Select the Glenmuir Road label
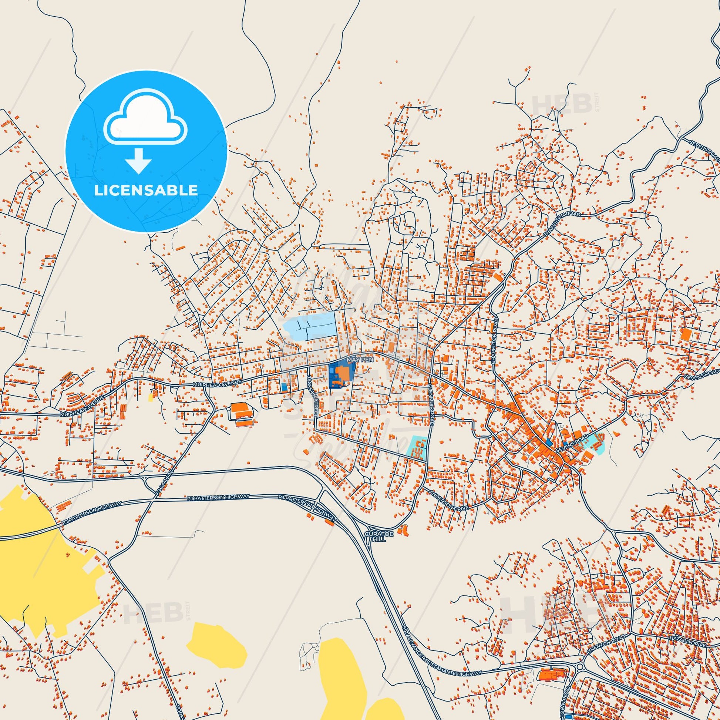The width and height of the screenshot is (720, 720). [x=431, y=401]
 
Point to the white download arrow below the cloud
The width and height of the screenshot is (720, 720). [x=138, y=161]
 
